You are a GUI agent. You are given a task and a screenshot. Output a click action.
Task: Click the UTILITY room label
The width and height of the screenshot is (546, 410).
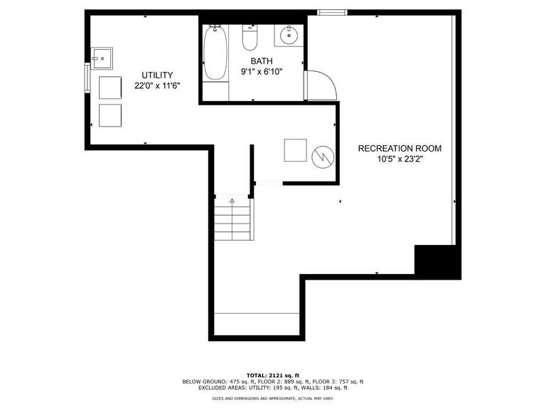coord(157,75)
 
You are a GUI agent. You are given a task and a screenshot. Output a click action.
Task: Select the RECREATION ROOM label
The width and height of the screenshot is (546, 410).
coord(400,149)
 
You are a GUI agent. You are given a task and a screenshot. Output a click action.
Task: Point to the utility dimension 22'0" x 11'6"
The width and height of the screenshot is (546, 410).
coord(157,85)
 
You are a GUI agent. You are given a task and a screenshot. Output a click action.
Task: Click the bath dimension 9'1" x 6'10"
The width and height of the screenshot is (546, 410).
coord(261,72)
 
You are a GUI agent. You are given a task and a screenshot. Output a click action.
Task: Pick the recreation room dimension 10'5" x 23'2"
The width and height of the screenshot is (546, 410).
coord(400,159)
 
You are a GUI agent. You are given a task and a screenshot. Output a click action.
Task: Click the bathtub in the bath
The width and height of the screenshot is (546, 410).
coord(215,53)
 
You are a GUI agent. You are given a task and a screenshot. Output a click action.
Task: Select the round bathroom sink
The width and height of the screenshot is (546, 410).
coord(289,34)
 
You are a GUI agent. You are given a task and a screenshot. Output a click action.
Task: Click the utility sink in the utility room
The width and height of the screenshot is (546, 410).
coord(103,56)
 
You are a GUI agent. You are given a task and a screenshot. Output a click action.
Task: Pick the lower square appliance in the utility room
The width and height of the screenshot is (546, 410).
coord(111,115)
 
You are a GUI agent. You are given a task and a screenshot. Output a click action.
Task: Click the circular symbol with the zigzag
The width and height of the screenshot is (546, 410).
coord(322,155)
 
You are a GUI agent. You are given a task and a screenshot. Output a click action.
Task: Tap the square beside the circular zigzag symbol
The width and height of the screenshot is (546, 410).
coord(295,151)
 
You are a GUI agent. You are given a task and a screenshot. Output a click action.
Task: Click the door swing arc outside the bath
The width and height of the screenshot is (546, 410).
coord(322,85)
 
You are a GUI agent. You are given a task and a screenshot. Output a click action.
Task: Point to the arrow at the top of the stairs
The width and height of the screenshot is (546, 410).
coord(232,202)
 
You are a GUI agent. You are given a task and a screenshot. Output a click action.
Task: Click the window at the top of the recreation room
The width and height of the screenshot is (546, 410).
coord(331,11)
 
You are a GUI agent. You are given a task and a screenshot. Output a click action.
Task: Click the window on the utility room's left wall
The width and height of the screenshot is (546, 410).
coord(87,78)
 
